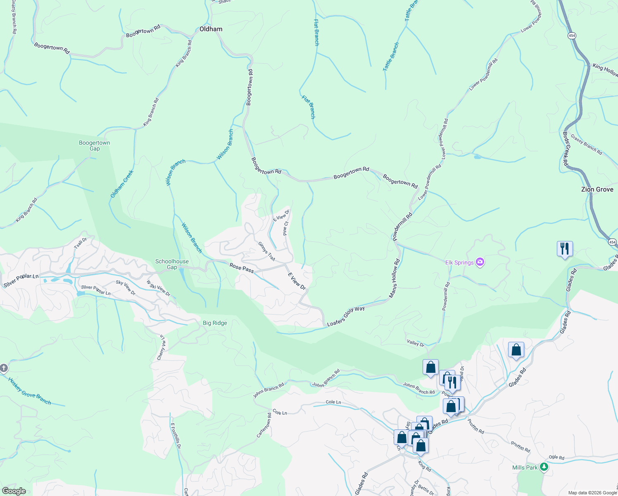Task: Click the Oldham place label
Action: [x=211, y=29]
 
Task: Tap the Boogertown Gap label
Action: [x=95, y=145]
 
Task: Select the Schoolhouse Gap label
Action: [x=172, y=264]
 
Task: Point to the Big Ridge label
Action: [x=215, y=323]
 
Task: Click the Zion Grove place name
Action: [x=597, y=189]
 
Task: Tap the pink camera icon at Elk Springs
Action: [x=480, y=262]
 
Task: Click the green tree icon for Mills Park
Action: [x=544, y=467]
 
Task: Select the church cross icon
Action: [x=3, y=368]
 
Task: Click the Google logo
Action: [x=14, y=491]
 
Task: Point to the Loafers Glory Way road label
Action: [x=346, y=316]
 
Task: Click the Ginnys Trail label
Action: [x=266, y=251]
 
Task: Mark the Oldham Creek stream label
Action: [x=122, y=184]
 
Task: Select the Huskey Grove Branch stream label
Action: [x=30, y=391]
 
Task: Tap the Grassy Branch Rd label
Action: [x=586, y=144]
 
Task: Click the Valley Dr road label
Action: [x=416, y=343]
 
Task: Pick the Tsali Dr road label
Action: [x=81, y=243]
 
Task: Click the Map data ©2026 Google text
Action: [x=592, y=493]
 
